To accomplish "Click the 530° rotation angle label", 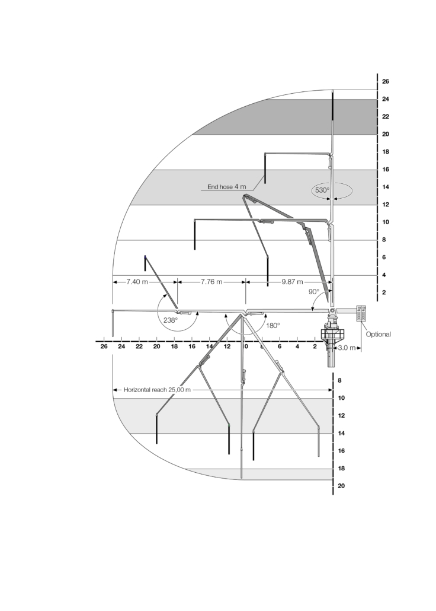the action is click(x=322, y=190).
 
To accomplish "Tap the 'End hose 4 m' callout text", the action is click(x=226, y=187).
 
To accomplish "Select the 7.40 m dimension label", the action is click(x=137, y=281).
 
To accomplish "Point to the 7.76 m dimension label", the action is click(x=211, y=281).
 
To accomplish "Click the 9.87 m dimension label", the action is click(x=292, y=281).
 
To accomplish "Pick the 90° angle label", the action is click(x=314, y=291).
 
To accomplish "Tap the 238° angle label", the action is click(x=170, y=320).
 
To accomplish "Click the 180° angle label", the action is click(x=273, y=326).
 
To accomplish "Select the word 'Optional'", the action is click(x=378, y=335).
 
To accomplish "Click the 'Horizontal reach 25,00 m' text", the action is click(x=157, y=390).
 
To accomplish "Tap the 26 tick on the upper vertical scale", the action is click(x=386, y=81).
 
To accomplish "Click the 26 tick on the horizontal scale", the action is click(x=104, y=346).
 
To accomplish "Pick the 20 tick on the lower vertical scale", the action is click(x=341, y=486).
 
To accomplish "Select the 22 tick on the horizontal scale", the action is click(x=139, y=346).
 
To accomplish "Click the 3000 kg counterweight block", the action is click(x=361, y=313).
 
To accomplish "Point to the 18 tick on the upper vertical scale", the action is click(x=386, y=152).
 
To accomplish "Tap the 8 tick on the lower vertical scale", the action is click(x=340, y=381).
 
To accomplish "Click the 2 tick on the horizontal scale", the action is click(x=315, y=346).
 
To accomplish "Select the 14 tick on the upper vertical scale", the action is click(x=386, y=187).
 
